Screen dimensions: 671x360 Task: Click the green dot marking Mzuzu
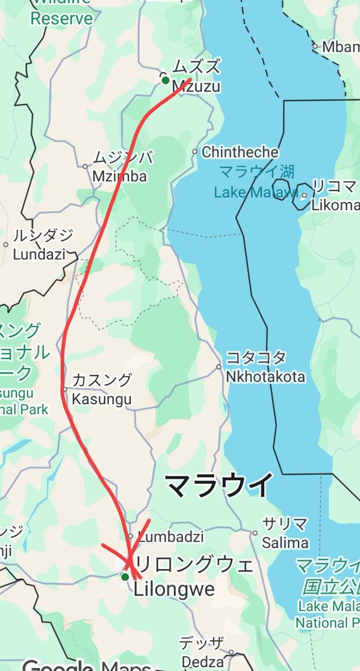click(x=165, y=80)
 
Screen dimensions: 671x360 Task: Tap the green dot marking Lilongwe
click(x=125, y=577)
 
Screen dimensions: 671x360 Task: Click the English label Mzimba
click(x=119, y=177)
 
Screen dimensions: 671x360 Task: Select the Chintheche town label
click(x=240, y=152)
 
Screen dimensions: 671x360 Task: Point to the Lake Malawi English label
click(x=255, y=192)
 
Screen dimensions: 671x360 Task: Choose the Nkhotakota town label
click(x=266, y=376)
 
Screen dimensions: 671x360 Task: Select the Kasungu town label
click(x=101, y=399)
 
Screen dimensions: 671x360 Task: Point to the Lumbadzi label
click(x=170, y=537)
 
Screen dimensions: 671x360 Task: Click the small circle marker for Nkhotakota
click(x=219, y=367)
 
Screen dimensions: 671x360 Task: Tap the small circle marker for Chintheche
click(x=195, y=152)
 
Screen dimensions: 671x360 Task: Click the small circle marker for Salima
click(x=254, y=533)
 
